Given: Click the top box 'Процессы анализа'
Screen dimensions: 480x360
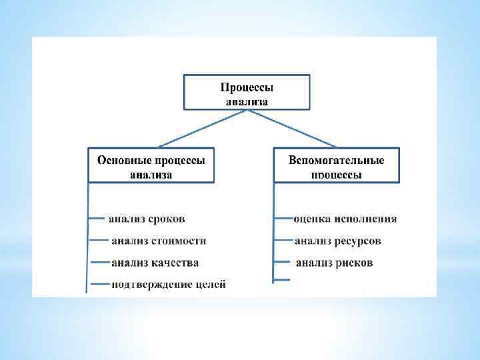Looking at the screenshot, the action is [x=247, y=93].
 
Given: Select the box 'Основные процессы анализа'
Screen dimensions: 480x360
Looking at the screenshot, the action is [x=151, y=165].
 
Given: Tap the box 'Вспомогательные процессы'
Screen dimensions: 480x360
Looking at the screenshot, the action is [x=337, y=165].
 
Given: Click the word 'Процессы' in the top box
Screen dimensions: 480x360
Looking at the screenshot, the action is [x=247, y=87].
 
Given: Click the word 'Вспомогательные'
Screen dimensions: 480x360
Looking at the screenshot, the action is [x=337, y=160].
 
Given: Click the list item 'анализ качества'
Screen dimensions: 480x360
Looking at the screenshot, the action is [x=155, y=263].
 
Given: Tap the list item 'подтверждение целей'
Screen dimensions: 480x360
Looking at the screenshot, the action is [x=169, y=285].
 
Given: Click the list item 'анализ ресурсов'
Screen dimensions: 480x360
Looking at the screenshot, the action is [x=338, y=240].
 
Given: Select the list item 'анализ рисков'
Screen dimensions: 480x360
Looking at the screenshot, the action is [x=334, y=263].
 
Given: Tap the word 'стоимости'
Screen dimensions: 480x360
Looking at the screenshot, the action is [x=178, y=240].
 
